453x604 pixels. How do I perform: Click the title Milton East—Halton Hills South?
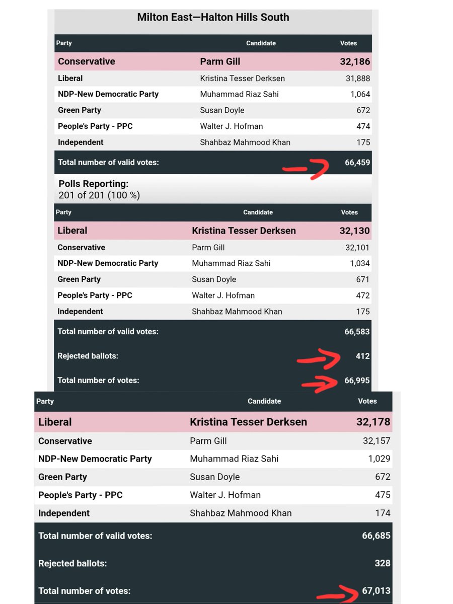click(x=213, y=17)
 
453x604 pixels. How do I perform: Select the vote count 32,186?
click(x=355, y=62)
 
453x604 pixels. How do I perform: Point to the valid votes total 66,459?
click(x=357, y=163)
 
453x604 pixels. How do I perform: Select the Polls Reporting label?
click(x=94, y=184)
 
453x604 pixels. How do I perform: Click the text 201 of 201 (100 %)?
click(x=99, y=195)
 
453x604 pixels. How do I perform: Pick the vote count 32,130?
click(x=354, y=231)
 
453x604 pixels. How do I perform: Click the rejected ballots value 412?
click(x=362, y=356)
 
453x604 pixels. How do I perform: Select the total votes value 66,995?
click(x=357, y=380)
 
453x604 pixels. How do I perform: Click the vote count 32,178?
click(x=373, y=422)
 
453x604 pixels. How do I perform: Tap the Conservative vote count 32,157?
click(x=376, y=441)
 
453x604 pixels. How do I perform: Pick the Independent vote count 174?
click(x=383, y=513)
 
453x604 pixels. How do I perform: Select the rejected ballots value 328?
click(x=382, y=563)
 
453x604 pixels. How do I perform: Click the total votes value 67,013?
click(x=376, y=591)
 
